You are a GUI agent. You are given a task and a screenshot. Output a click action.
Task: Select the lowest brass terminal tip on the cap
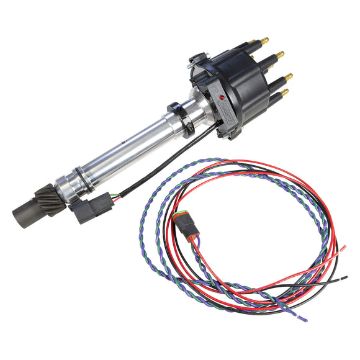point(284,92)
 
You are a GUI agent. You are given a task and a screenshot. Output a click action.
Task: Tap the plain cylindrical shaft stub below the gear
point(25,214)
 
